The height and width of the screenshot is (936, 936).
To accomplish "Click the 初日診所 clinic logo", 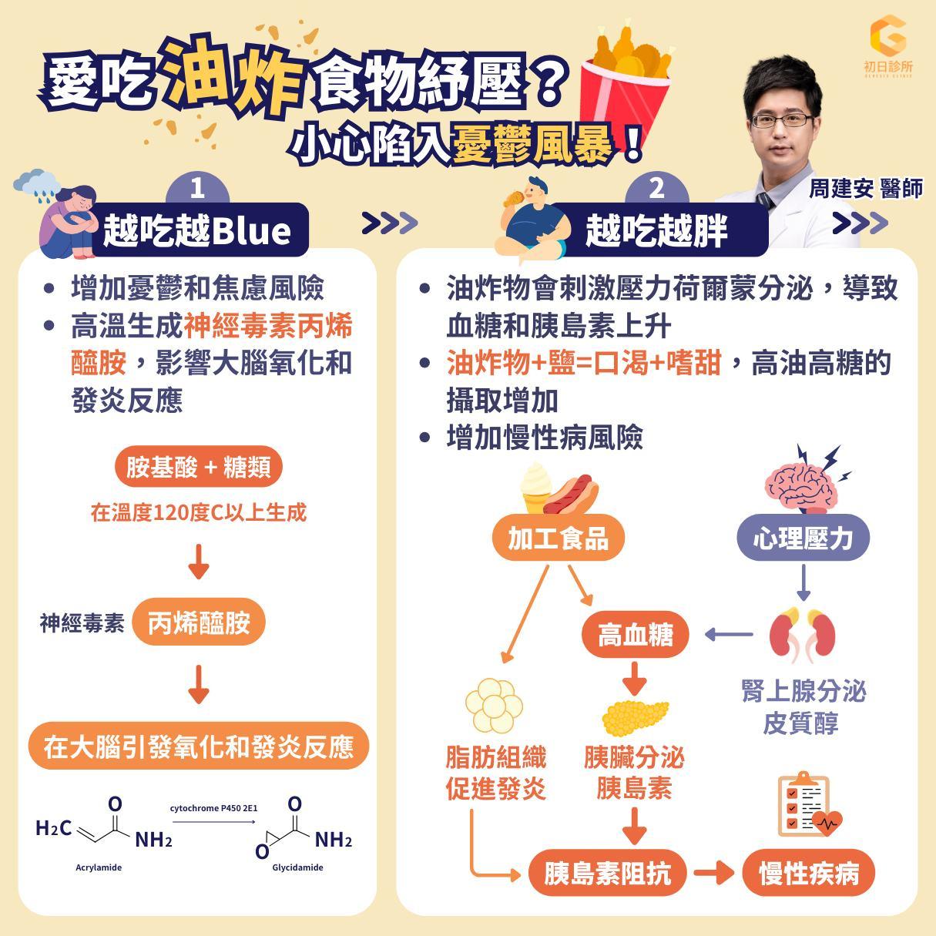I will click(887, 45).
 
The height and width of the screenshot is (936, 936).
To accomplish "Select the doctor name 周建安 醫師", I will click(865, 189).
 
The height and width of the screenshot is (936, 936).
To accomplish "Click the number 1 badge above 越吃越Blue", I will click(197, 188).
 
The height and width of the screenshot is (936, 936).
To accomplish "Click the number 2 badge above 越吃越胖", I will click(656, 188).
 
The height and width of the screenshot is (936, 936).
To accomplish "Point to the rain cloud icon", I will click(38, 182).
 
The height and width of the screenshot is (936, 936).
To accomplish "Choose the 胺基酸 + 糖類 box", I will click(199, 468).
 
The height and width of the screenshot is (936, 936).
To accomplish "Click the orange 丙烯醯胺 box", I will click(199, 622).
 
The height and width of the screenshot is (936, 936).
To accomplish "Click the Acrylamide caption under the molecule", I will click(99, 867).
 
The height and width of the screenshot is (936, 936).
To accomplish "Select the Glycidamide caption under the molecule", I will click(297, 867).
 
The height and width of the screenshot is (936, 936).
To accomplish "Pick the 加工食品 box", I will click(558, 538).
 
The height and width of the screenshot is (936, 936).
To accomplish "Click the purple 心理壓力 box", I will click(803, 538).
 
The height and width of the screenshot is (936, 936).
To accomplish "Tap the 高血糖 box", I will click(635, 636).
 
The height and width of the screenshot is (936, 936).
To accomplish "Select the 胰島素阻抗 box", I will click(607, 874).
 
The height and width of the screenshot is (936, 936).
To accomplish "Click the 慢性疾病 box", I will click(808, 874).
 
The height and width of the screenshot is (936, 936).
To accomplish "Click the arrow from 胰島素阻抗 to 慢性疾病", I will click(713, 874).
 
